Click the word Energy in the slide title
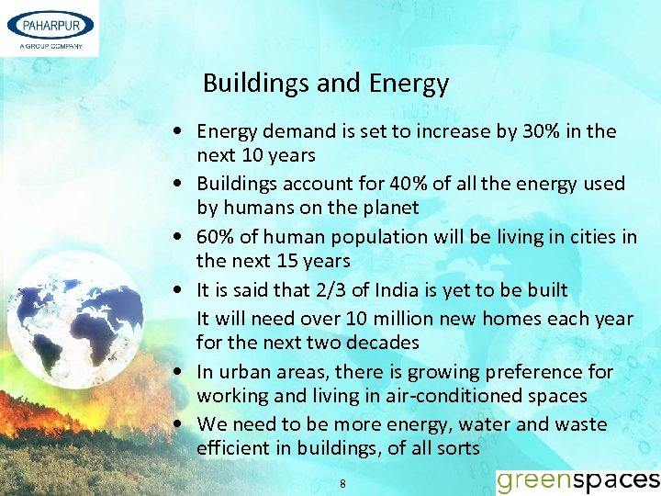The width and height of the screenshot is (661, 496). click(409, 84)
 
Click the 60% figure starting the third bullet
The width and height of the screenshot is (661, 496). click(216, 237)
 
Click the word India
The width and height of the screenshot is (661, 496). click(387, 290)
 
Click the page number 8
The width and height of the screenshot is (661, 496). click(342, 483)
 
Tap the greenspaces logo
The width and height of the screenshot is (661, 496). click(577, 480)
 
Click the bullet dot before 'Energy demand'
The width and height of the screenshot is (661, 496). click(186, 131)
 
